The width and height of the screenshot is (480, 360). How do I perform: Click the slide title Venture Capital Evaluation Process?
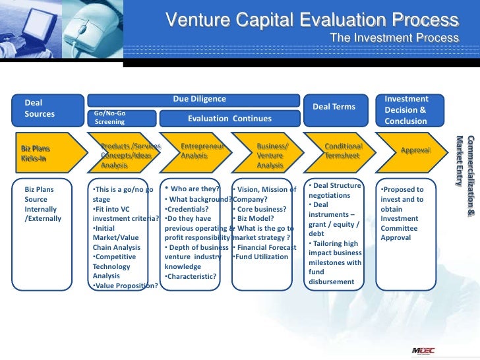click(312, 20)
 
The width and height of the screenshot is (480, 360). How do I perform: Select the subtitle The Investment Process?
click(394, 38)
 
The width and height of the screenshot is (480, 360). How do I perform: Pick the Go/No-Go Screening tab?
click(122, 118)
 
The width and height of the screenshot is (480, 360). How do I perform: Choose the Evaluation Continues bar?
click(229, 119)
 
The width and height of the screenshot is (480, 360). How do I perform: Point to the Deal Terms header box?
click(334, 107)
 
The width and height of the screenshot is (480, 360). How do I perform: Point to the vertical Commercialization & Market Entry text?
click(465, 162)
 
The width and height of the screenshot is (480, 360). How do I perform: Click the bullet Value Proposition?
click(125, 285)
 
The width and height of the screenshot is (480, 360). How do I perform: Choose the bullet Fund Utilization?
click(262, 256)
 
